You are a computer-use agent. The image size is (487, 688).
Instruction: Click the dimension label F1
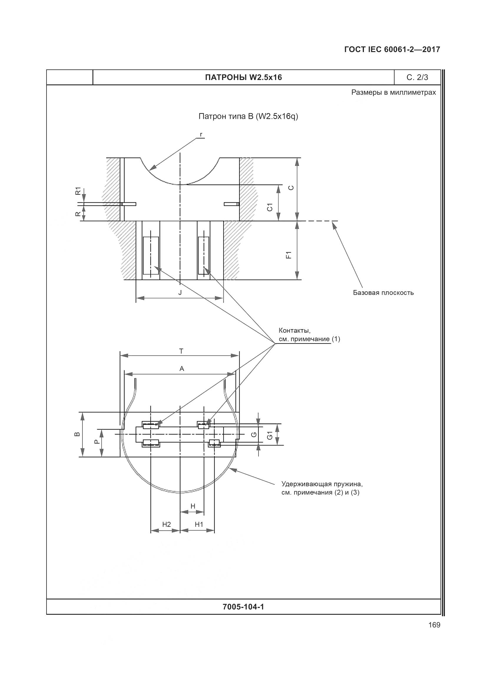coord(289,255)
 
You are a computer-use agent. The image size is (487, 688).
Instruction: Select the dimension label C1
coord(270,207)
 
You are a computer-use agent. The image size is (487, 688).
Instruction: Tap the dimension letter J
coord(180,292)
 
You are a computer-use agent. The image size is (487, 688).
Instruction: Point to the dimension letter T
coord(181,351)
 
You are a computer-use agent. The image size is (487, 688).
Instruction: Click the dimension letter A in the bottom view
coord(182,369)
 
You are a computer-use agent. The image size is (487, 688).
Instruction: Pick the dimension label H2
coord(166,524)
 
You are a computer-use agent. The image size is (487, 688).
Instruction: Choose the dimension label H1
coord(199,524)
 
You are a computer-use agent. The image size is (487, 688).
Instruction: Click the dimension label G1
coord(270,435)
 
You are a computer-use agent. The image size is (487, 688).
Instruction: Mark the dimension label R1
coord(78,191)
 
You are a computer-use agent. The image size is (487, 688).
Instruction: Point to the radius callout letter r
coord(201,134)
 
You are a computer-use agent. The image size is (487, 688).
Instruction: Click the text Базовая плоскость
coord(383,293)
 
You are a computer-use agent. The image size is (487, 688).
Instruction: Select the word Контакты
coord(294,331)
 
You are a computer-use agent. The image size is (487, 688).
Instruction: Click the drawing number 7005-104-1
coord(243,607)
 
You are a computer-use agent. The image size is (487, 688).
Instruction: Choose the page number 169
coord(434,625)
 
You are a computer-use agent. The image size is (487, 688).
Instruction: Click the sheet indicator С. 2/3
coord(417,78)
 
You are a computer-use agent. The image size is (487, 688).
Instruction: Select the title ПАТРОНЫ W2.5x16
coord(243,78)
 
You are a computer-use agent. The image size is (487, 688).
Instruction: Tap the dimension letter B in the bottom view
coord(77,434)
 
